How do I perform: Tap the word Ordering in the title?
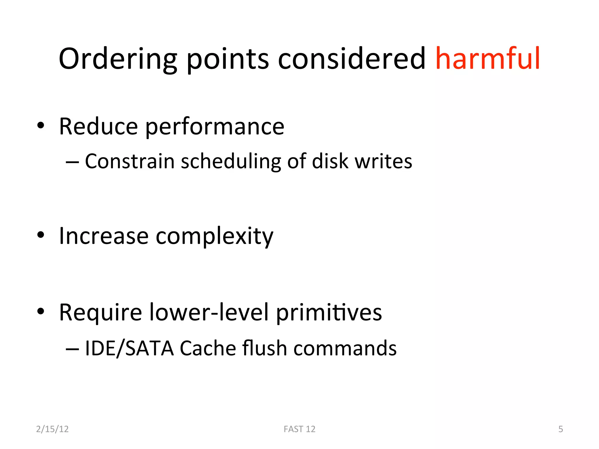[x=118, y=59]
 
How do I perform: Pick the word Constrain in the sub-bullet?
[x=130, y=161]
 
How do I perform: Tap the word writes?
[x=383, y=161]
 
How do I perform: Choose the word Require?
[x=101, y=312]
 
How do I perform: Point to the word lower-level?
[x=209, y=312]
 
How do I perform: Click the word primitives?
[x=329, y=312]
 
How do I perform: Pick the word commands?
[x=345, y=348]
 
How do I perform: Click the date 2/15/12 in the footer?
[x=52, y=429]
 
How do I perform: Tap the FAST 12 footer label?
[x=299, y=429]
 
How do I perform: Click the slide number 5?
[x=560, y=429]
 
